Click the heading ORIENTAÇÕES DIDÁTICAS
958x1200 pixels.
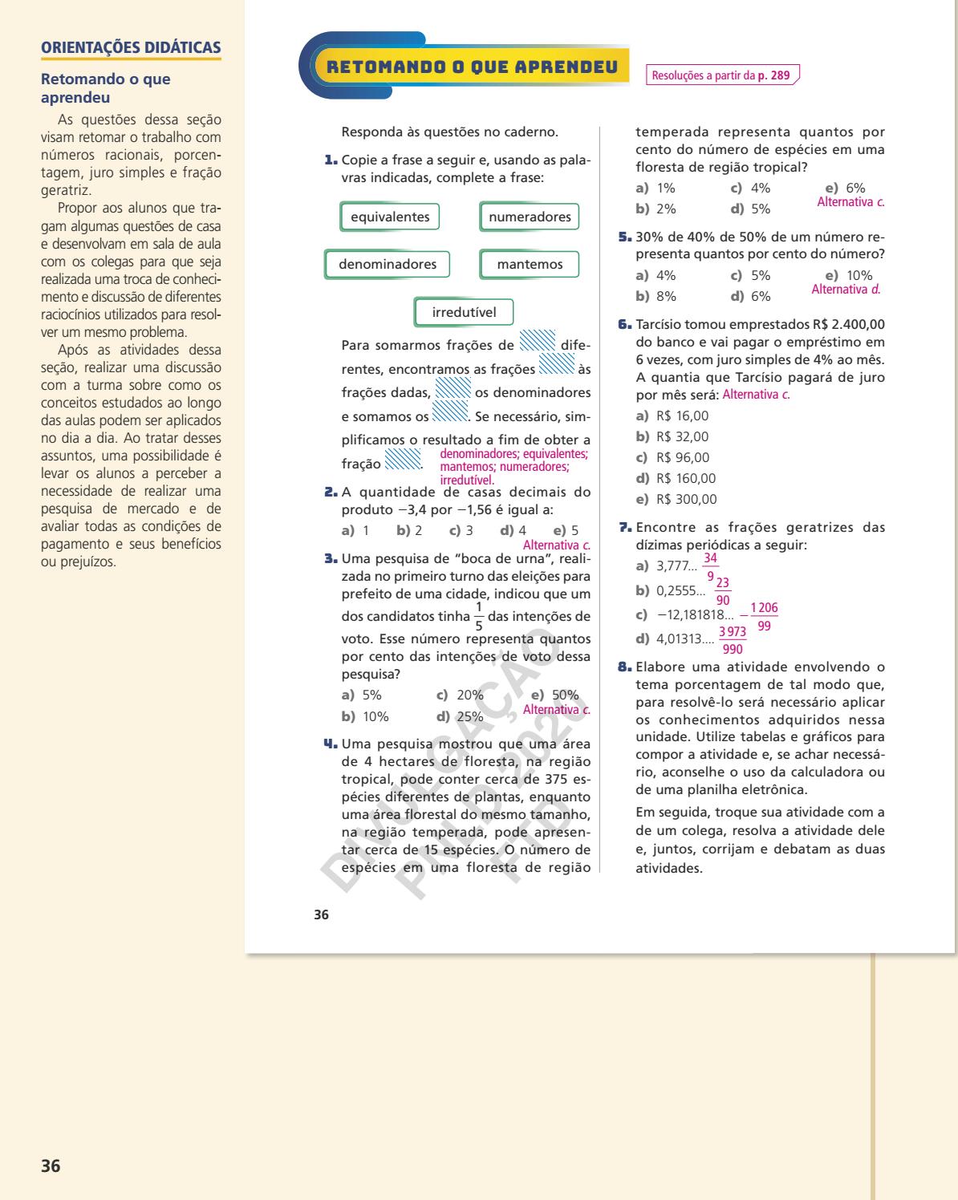131,47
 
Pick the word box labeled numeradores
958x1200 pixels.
530,217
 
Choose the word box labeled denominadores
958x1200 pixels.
388,264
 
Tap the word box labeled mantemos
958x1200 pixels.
530,264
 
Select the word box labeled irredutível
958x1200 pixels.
464,312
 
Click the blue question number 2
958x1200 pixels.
331,492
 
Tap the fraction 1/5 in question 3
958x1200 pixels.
479,617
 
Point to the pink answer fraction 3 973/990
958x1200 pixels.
732,640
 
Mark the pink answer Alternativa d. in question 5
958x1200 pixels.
846,289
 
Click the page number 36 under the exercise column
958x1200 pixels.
322,914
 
